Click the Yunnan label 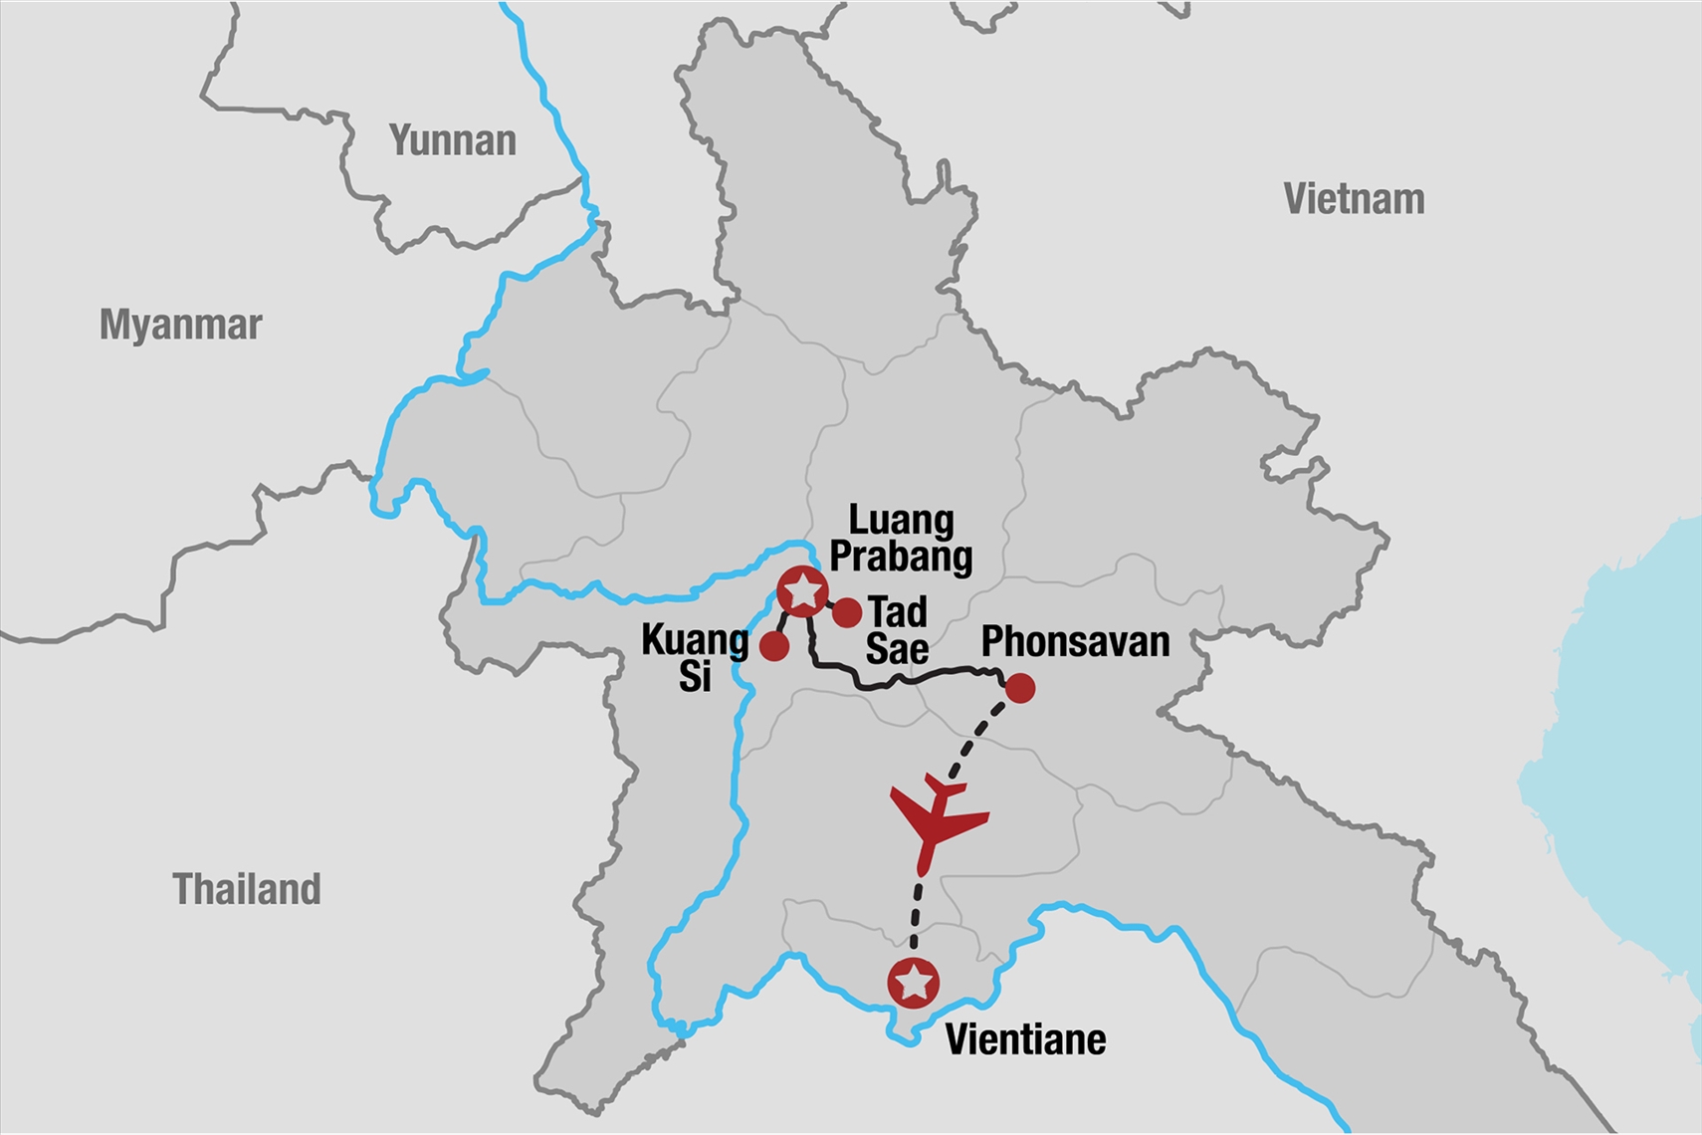pyautogui.click(x=453, y=141)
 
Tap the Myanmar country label pyautogui.click(x=180, y=326)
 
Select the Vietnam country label pyautogui.click(x=1354, y=200)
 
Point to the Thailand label pyautogui.click(x=247, y=890)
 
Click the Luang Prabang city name pyautogui.click(x=901, y=539)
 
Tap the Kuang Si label pyautogui.click(x=695, y=658)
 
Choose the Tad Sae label pyautogui.click(x=897, y=630)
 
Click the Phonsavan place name pyautogui.click(x=1075, y=642)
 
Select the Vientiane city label pyautogui.click(x=1025, y=1040)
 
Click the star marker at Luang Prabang pyautogui.click(x=802, y=592)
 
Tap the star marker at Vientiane pyautogui.click(x=914, y=984)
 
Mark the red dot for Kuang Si pyautogui.click(x=774, y=647)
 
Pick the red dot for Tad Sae pyautogui.click(x=847, y=613)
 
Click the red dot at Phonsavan pyautogui.click(x=1020, y=688)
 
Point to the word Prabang pyautogui.click(x=901, y=557)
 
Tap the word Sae pyautogui.click(x=897, y=649)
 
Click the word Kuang pyautogui.click(x=695, y=640)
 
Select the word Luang pyautogui.click(x=901, y=520)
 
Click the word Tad pyautogui.click(x=898, y=611)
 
